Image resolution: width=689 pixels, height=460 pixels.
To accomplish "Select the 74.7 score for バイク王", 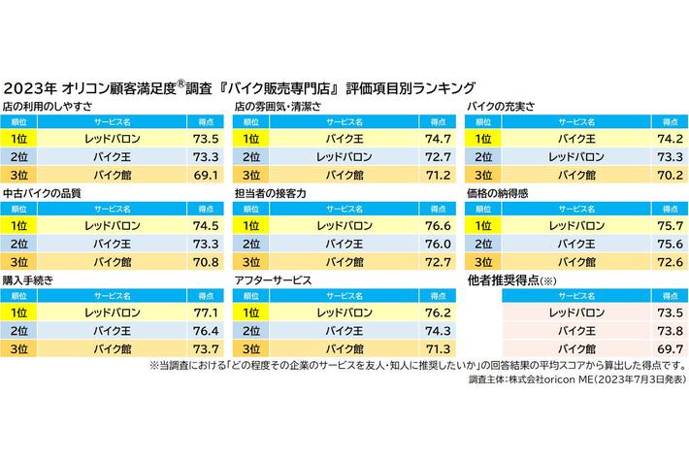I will pos(435,139).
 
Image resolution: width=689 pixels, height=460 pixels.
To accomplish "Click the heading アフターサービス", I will pos(274,280).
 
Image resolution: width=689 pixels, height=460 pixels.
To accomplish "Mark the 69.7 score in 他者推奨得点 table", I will pos(666,348).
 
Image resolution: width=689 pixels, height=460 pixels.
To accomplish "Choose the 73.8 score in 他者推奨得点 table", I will pos(666,331).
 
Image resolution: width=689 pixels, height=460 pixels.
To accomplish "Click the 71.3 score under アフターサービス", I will pos(435,348).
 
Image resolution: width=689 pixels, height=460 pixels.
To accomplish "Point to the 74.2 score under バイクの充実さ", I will pos(666,139).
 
